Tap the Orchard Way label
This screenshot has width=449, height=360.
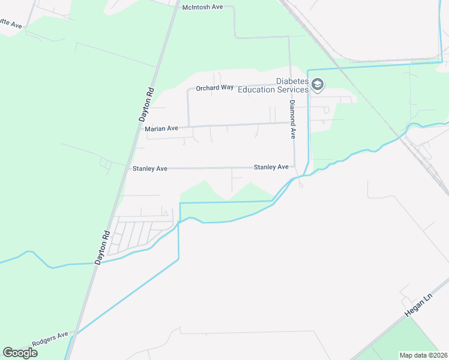click(214, 88)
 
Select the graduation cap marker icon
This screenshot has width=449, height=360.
click(317, 86)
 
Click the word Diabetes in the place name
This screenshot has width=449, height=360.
click(292, 82)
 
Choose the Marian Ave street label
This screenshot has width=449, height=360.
click(161, 128)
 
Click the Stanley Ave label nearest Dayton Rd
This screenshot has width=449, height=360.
click(150, 169)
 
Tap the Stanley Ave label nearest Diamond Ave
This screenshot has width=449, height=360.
click(271, 167)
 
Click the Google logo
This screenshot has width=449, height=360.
click(20, 353)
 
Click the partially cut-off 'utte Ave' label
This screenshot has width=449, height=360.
click(11, 25)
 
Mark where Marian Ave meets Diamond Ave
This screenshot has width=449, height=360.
click(291, 123)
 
